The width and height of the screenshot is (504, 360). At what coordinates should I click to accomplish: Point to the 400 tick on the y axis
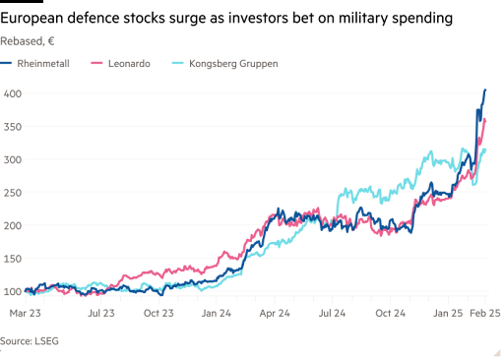12,93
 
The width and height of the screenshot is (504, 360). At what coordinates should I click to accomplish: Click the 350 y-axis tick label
12,127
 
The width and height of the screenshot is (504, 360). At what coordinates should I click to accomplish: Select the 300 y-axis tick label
12,159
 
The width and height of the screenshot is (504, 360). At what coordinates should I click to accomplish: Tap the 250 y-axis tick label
12,193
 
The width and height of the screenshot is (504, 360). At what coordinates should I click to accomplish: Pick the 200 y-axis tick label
12,226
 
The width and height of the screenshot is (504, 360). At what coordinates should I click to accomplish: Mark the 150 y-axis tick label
12,259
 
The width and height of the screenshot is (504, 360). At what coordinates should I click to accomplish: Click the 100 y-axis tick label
12,292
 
